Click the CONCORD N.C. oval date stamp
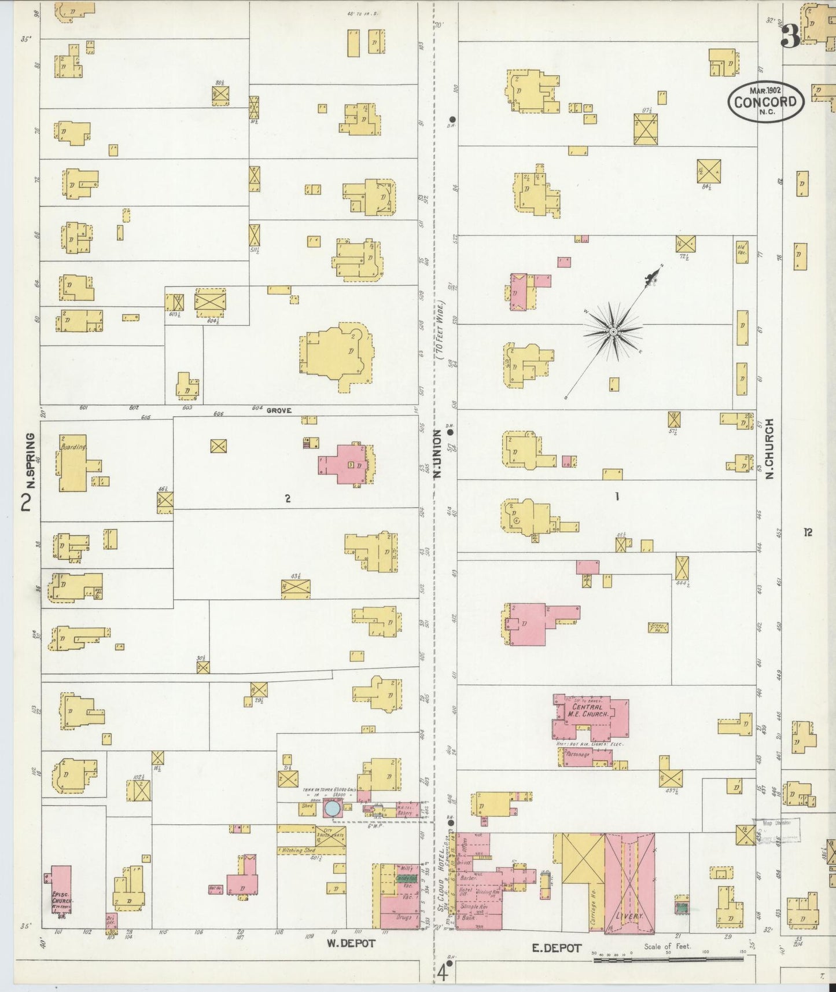point(765,102)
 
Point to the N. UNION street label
point(437,457)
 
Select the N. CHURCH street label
point(769,449)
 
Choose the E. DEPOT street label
point(557,947)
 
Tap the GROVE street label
point(279,410)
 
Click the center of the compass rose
point(613,332)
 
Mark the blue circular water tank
point(332,809)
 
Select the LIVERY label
point(629,916)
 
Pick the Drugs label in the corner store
point(404,918)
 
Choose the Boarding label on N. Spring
point(73,447)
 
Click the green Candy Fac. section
point(406,878)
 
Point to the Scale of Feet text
point(666,947)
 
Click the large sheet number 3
point(790,38)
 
